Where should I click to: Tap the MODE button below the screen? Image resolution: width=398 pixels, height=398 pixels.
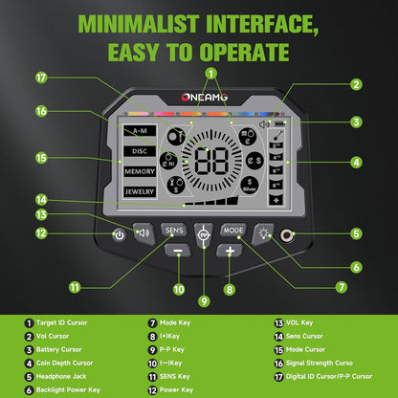233,231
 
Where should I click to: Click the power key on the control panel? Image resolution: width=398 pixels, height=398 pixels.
120,235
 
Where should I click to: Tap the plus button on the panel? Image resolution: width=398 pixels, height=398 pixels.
230,251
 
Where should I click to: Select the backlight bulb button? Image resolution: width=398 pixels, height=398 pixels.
263,233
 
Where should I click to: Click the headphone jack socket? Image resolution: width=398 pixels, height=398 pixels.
287,235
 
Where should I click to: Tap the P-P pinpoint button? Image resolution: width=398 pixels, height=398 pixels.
204,235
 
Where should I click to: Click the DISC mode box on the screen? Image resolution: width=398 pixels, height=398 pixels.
140,151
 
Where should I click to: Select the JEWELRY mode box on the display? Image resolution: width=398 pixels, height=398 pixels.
140,191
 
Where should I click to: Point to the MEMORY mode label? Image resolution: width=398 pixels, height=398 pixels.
140,171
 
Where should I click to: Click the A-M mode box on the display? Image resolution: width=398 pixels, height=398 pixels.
140,131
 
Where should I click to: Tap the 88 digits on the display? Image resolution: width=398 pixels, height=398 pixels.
211,161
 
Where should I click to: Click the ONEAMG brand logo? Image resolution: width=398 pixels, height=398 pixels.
205,98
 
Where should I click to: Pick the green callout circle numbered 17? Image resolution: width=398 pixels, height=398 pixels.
41,77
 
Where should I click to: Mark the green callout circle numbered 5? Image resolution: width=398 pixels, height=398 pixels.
357,233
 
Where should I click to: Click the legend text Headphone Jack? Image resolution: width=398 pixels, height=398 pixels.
61,376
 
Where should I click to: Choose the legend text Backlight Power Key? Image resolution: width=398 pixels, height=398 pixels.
68,389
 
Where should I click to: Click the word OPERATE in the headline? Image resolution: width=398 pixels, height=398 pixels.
244,53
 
